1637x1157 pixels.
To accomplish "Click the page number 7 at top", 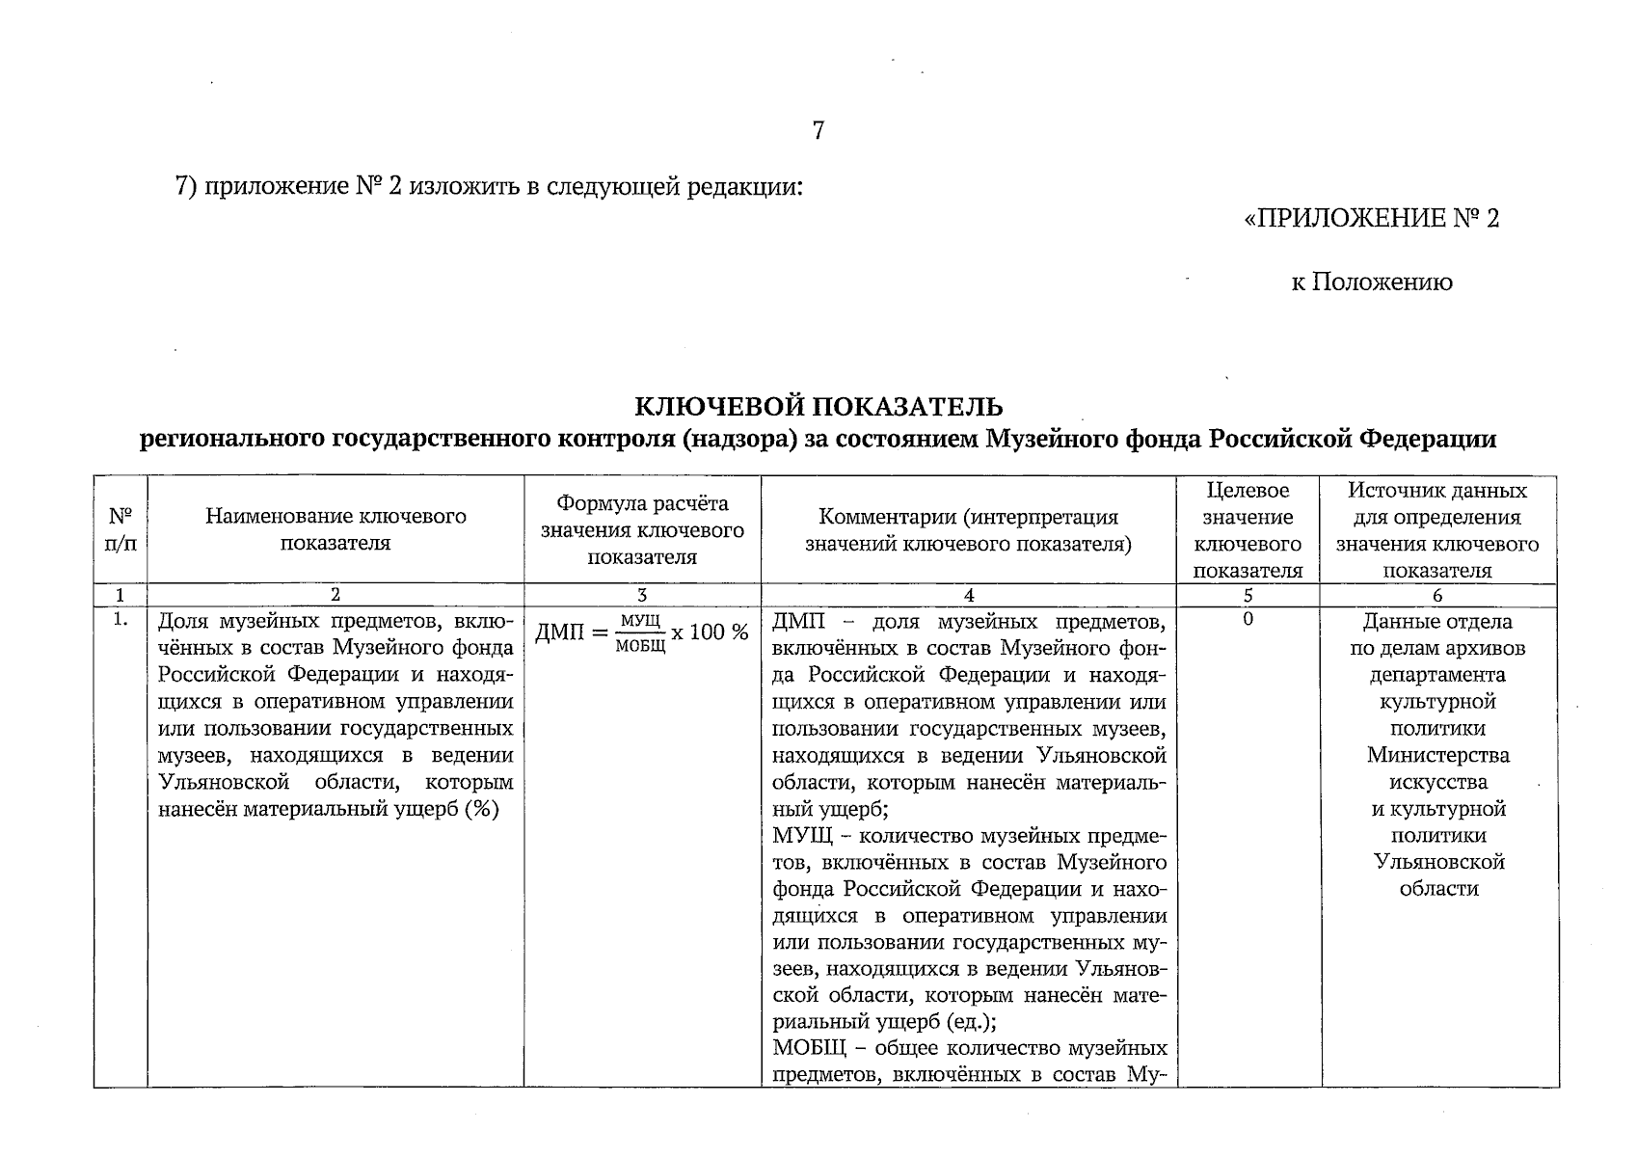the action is tap(818, 131).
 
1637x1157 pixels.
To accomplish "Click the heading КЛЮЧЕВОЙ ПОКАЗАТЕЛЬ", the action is tap(818, 407).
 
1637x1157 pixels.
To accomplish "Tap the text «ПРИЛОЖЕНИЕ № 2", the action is tap(1372, 219).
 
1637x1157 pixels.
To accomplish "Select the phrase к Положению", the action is tap(1372, 283).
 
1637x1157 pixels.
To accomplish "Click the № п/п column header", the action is tap(120, 529).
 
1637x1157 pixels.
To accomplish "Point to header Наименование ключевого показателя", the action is tap(335, 529).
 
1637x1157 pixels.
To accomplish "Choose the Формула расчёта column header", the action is tap(642, 529).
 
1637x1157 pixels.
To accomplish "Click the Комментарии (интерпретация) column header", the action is tap(968, 529).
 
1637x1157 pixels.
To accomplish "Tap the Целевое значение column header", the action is tap(1248, 529).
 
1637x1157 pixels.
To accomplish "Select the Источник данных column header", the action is tap(1437, 529).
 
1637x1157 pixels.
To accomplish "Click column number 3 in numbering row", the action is tap(642, 596).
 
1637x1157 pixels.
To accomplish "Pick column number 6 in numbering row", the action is tap(1437, 596).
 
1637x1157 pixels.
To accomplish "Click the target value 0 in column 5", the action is tap(1248, 620).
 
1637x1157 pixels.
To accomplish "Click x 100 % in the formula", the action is tap(710, 632).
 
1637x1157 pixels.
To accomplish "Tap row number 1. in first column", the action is tap(120, 620).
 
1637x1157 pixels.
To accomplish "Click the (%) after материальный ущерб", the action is tap(479, 809).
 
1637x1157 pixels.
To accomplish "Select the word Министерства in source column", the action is tap(1437, 755).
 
